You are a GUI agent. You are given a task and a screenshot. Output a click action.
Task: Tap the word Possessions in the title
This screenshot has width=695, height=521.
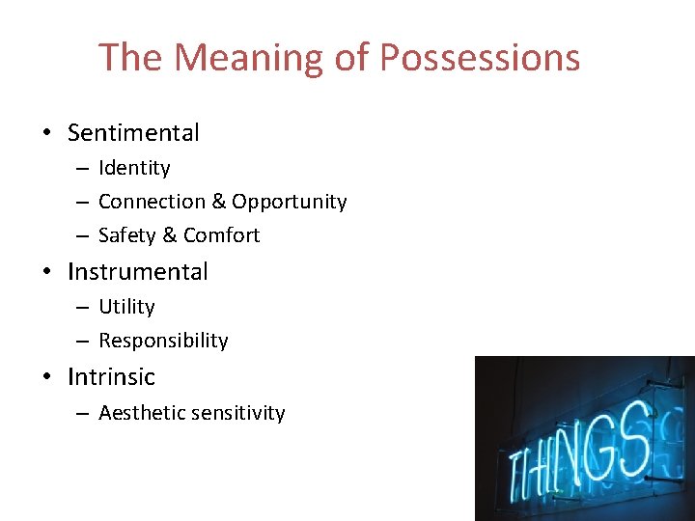480,58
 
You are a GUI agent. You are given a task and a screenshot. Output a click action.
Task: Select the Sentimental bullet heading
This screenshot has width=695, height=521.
133,133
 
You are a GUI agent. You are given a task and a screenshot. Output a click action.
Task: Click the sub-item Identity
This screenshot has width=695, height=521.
134,168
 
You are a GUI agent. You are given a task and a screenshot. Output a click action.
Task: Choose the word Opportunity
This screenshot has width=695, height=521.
289,202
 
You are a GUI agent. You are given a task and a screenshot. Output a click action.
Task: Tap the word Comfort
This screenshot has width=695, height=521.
221,235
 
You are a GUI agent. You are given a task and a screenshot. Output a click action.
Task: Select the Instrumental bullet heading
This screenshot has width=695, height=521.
138,272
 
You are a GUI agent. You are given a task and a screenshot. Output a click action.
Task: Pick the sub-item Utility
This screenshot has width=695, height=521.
126,307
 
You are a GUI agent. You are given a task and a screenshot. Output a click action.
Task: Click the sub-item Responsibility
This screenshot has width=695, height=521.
163,341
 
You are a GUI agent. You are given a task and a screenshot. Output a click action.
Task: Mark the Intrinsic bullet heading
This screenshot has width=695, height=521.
111,376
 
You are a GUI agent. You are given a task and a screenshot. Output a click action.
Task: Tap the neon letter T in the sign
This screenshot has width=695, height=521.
515,473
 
